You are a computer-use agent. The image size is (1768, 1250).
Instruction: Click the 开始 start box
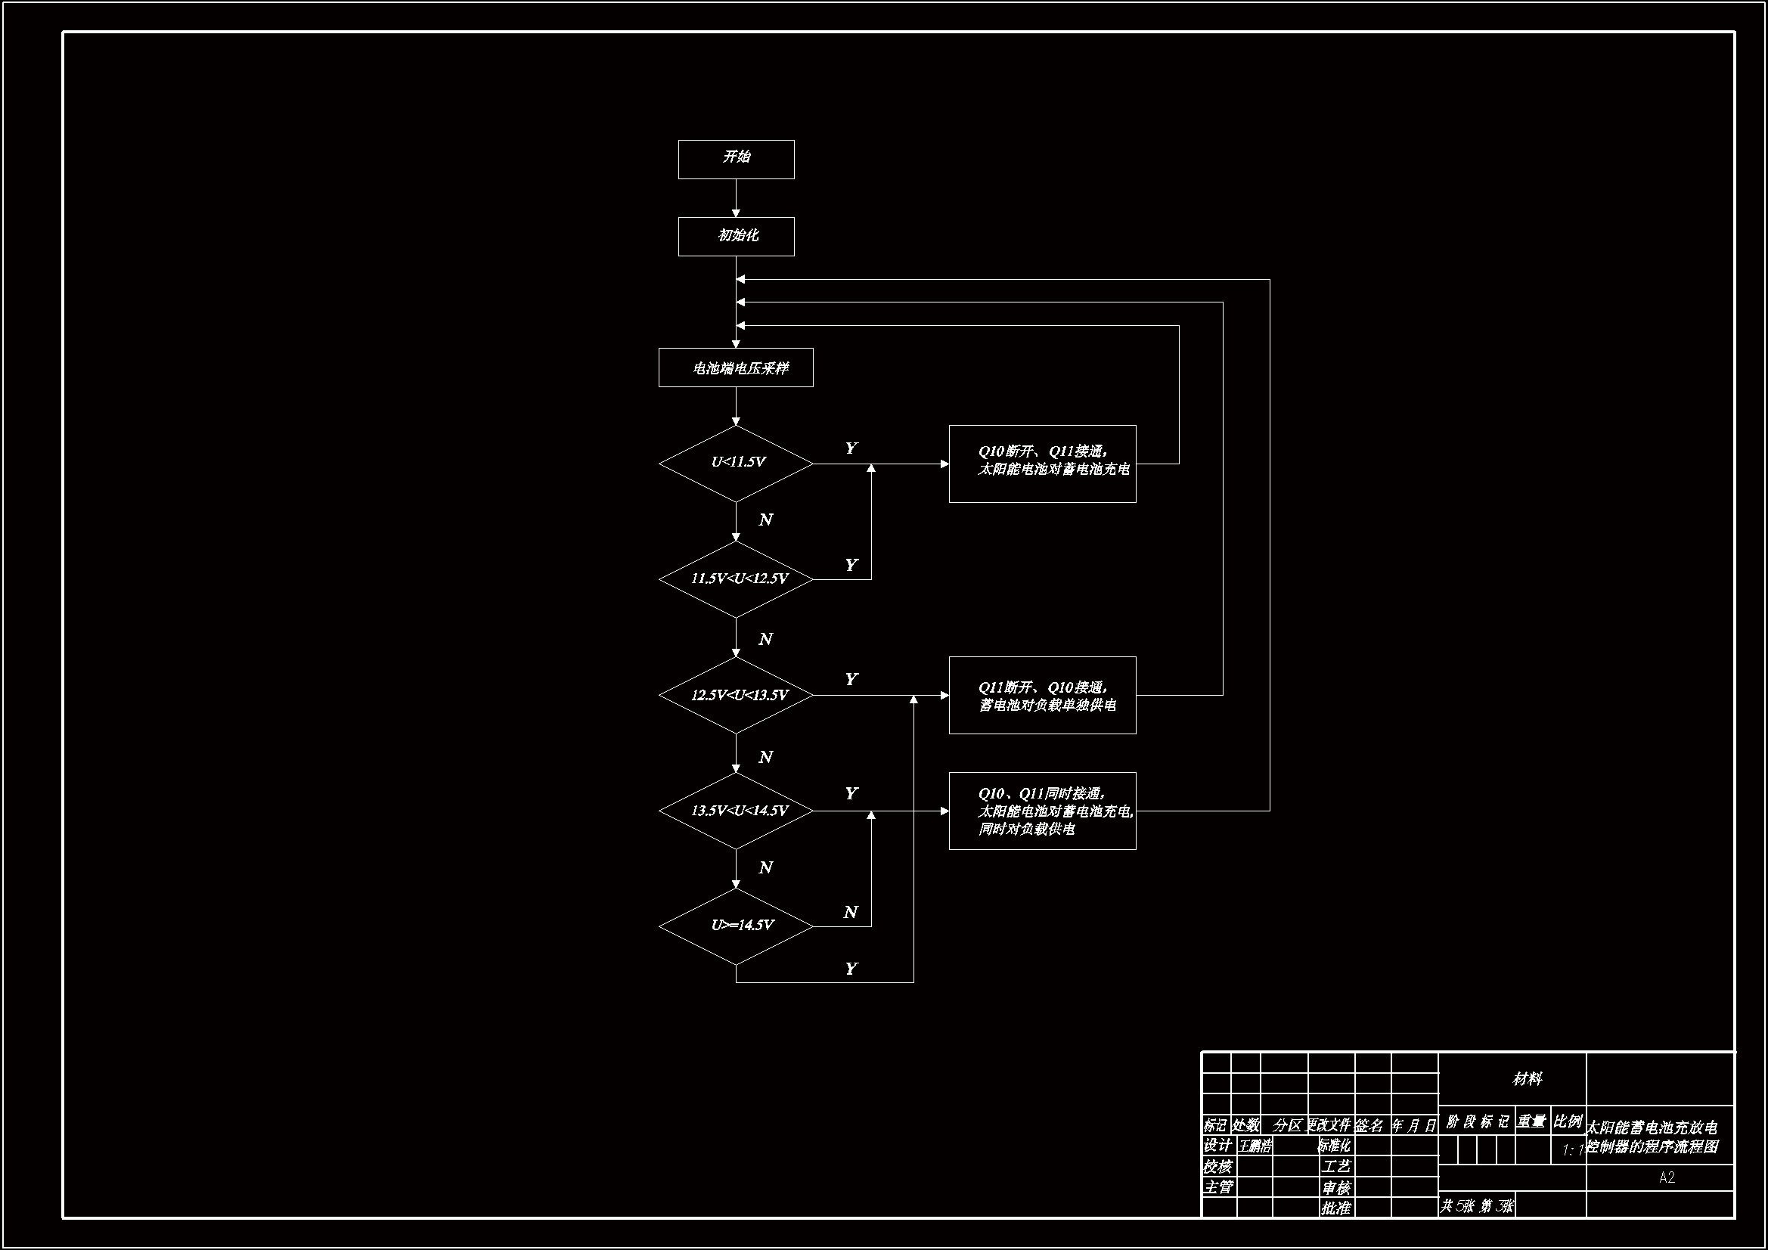click(735, 160)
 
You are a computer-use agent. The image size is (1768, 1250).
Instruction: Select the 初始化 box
click(735, 237)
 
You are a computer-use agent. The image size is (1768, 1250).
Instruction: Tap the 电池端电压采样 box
click(735, 368)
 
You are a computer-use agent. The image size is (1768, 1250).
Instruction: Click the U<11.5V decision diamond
click(735, 464)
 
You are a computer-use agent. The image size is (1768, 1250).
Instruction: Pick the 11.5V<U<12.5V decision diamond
click(735, 579)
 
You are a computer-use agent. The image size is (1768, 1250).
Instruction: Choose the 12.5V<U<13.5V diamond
click(735, 695)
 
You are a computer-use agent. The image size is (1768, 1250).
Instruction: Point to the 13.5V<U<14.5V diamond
click(735, 810)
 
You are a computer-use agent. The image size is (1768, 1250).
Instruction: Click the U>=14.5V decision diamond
click(735, 926)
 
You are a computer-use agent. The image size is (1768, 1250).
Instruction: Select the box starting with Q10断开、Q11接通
click(1042, 464)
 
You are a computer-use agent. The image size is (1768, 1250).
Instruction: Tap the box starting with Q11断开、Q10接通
click(1042, 695)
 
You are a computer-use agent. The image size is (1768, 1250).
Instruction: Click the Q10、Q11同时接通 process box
click(1042, 810)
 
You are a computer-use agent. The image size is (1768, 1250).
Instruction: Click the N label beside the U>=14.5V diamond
click(850, 913)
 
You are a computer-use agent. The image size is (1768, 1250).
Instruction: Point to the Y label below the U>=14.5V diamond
click(850, 969)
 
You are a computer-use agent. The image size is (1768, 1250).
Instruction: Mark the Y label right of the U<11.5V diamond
click(850, 448)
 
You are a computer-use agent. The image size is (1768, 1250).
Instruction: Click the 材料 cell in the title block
click(1526, 1080)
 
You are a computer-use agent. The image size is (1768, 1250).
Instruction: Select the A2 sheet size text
click(1667, 1177)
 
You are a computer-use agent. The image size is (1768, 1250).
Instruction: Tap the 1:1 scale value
click(1571, 1151)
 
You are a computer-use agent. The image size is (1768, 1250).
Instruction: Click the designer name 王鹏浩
click(1255, 1147)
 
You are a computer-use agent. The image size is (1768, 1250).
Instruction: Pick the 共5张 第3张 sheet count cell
click(1476, 1206)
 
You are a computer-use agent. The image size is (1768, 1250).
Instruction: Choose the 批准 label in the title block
click(1336, 1208)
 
